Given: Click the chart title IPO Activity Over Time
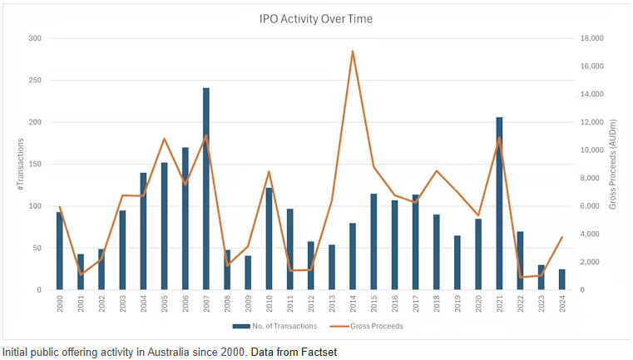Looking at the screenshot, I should [x=315, y=18].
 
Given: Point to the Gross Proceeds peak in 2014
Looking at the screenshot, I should [x=353, y=52].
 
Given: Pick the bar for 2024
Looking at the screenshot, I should [x=562, y=279].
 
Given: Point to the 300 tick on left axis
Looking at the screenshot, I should [x=35, y=38].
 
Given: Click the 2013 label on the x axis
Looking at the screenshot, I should [x=332, y=304].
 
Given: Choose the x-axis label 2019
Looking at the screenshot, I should [x=457, y=304].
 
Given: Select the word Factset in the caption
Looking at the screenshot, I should [x=320, y=352].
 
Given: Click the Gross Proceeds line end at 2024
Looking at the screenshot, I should [x=562, y=237].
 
